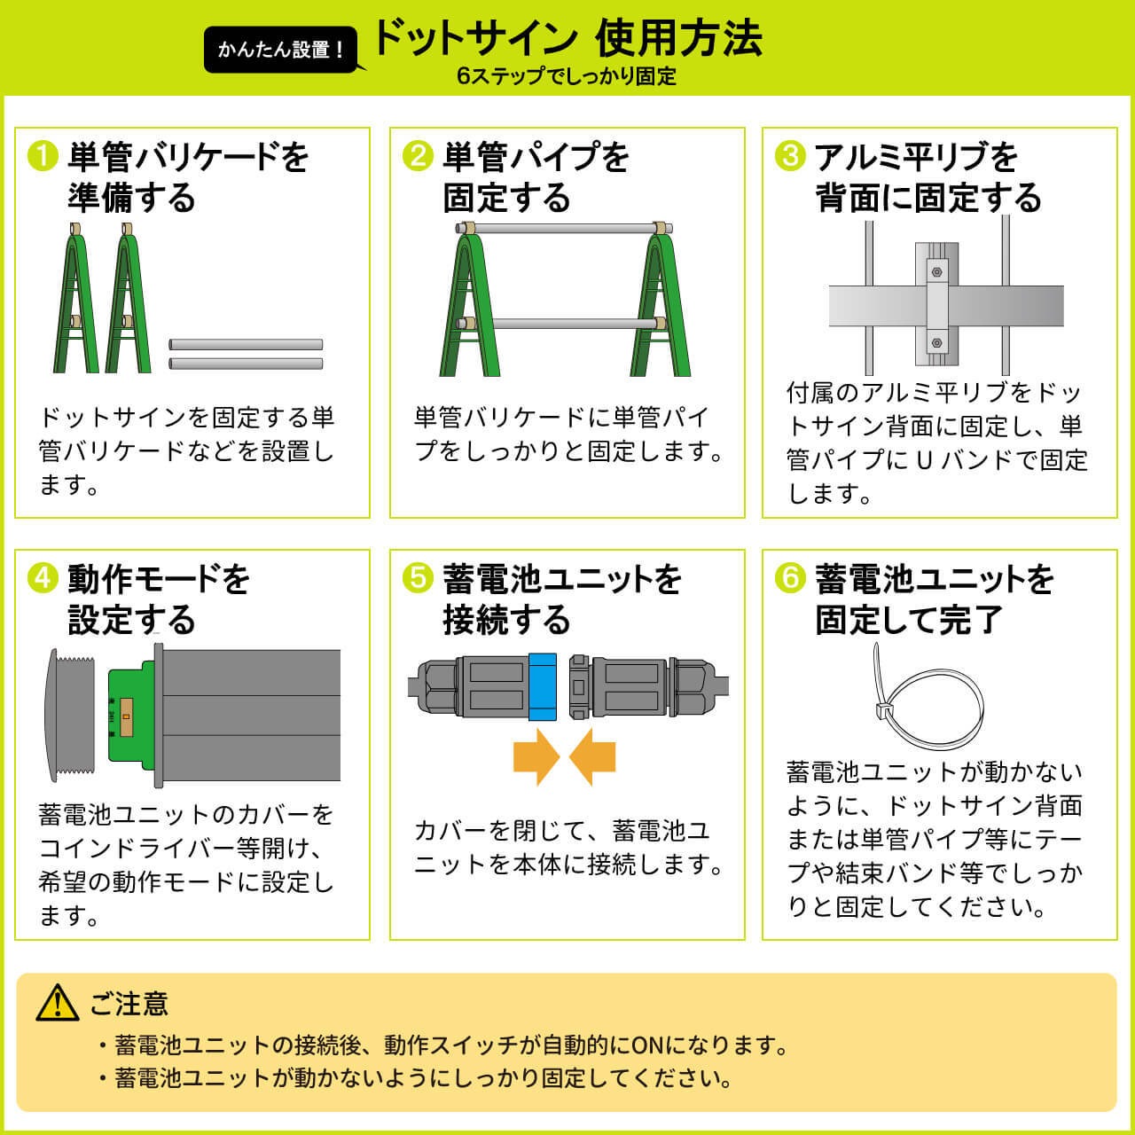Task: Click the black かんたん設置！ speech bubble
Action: [x=281, y=50]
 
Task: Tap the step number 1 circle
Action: [x=43, y=157]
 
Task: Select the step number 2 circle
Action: [x=418, y=157]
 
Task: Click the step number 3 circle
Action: [x=790, y=157]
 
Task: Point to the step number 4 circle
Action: [x=43, y=578]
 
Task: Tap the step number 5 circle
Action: [x=418, y=578]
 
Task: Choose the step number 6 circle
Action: [x=790, y=578]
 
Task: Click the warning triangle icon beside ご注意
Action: [x=57, y=1003]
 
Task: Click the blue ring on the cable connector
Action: [x=543, y=687]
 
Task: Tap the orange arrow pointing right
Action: [x=536, y=757]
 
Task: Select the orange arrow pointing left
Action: [x=592, y=757]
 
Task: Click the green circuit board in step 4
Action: [x=130, y=716]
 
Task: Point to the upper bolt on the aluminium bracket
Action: [x=936, y=272]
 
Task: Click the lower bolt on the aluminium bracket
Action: [x=936, y=343]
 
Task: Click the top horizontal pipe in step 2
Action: [x=564, y=228]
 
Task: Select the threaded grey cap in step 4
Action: [x=69, y=716]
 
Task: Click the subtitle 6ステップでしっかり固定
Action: [x=567, y=76]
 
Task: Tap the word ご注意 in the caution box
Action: [x=129, y=1003]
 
